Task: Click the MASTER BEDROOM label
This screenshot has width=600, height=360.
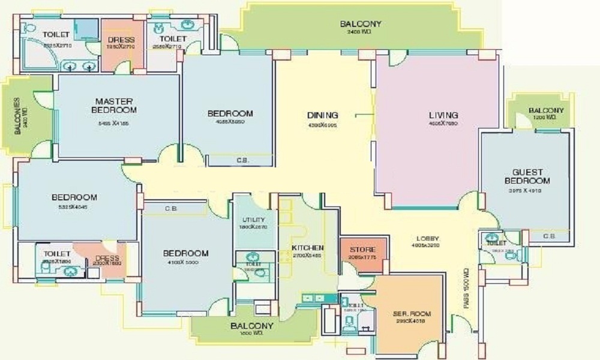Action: tap(114, 106)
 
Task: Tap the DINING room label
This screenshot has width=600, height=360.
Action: tap(323, 115)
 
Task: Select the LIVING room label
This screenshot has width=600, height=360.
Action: tap(443, 115)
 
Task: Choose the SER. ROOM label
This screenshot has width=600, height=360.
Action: tap(409, 314)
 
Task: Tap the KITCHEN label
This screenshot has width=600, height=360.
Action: tap(307, 248)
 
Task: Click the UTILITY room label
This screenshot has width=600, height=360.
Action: tap(250, 220)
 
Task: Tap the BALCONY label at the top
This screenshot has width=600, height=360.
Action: tap(361, 24)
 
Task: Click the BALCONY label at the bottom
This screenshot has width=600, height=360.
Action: tap(252, 326)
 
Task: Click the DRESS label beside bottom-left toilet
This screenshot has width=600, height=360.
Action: tap(106, 259)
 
